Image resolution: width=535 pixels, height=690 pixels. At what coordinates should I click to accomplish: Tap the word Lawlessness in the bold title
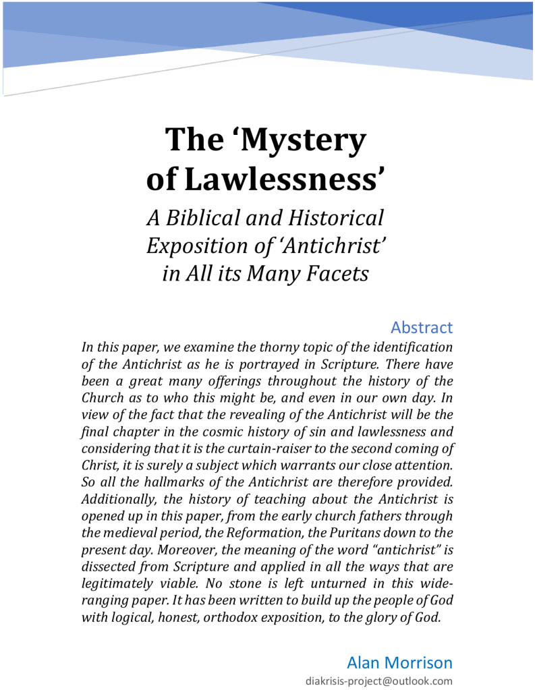(x=285, y=178)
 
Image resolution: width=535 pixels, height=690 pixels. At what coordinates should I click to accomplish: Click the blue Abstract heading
(x=422, y=328)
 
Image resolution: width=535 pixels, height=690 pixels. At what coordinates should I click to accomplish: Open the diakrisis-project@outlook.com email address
(x=379, y=681)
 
